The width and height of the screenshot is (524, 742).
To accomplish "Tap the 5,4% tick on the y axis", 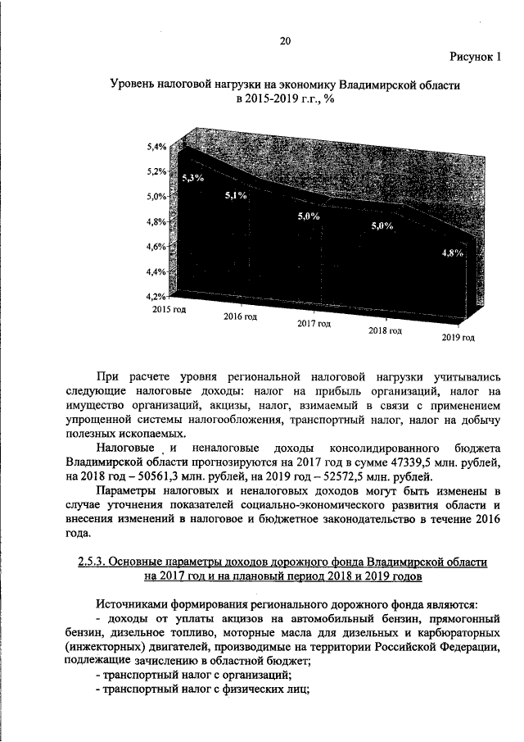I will [156, 147].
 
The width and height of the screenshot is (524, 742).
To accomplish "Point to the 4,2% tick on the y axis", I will [156, 296].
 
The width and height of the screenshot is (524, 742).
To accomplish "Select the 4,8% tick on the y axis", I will [156, 221].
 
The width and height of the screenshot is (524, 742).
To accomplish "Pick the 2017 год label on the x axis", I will [314, 324].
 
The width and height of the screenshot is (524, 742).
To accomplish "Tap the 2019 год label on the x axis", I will [458, 337].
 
